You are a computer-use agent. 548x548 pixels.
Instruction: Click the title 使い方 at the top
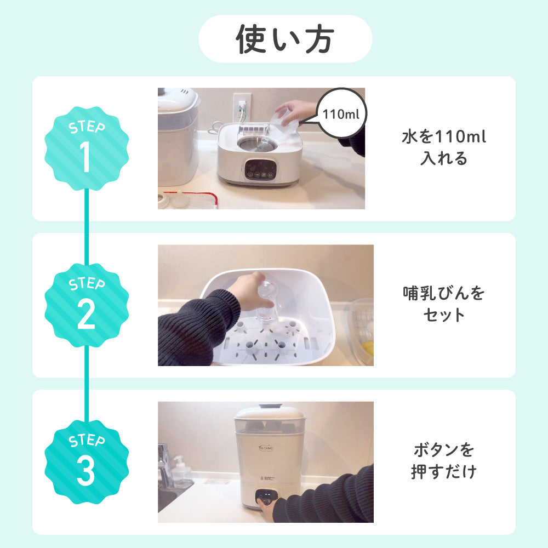(x=285, y=39)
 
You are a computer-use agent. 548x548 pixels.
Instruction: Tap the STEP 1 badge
(x=87, y=148)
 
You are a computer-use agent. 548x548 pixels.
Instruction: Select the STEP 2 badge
(x=87, y=305)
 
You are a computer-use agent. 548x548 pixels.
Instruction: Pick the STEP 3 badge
(x=87, y=461)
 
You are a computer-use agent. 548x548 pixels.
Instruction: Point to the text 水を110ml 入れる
(x=444, y=147)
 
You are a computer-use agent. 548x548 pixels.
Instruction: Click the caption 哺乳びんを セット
(x=444, y=304)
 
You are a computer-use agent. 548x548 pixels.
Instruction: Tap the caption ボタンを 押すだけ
(x=444, y=460)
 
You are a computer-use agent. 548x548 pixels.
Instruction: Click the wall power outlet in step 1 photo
(x=242, y=107)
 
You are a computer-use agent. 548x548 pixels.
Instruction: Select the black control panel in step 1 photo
(x=260, y=170)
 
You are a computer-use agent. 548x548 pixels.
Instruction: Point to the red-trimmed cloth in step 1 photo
(x=191, y=200)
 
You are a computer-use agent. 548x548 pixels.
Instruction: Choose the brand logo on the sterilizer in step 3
(x=266, y=448)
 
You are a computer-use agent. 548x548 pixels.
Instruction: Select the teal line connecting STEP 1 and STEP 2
(x=87, y=227)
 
